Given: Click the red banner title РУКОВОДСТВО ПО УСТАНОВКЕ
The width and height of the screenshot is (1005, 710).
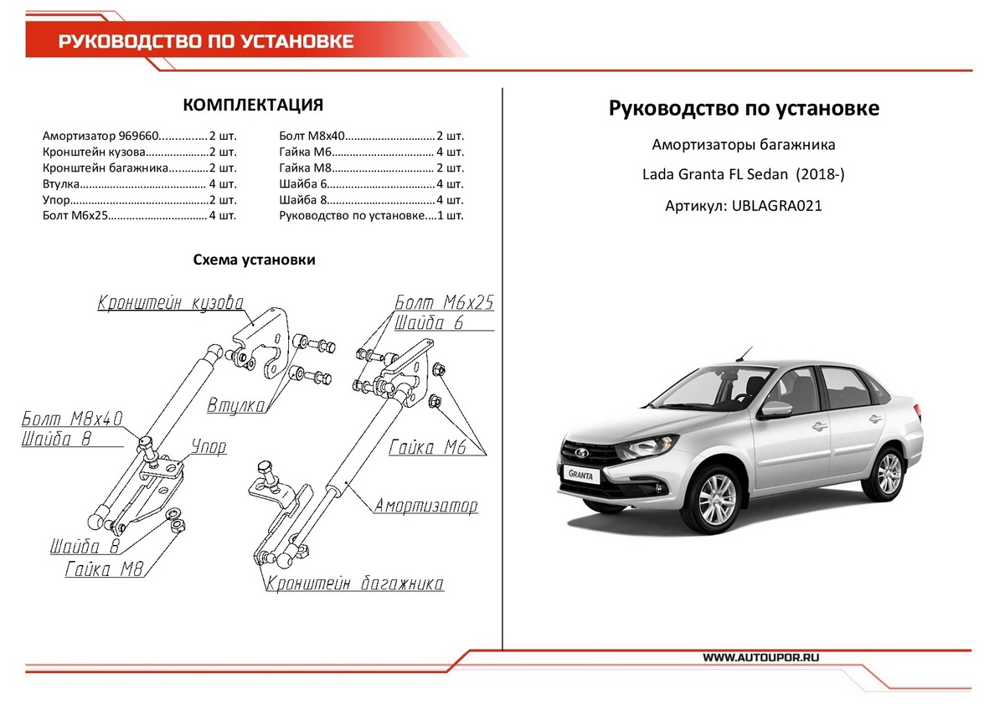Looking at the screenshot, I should coord(205,41).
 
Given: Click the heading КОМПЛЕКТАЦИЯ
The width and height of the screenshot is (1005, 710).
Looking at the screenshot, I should coord(252,105).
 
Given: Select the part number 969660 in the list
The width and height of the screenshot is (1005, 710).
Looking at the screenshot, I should coord(137,136).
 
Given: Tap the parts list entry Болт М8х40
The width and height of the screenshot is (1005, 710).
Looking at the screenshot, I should coord(311,136).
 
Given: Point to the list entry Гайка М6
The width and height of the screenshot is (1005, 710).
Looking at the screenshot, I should coord(306,152).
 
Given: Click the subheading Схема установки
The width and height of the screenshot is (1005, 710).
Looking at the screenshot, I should coord(254,260).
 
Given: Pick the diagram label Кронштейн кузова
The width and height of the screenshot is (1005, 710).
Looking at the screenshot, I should coord(170,302).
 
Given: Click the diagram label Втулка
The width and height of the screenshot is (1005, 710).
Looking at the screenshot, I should coord(236,406).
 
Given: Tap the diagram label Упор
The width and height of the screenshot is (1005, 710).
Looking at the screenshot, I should coord(209,447).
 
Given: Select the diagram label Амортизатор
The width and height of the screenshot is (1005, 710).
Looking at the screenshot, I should coord(426,507).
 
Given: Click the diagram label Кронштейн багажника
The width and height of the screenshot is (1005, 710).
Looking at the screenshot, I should coord(354,584).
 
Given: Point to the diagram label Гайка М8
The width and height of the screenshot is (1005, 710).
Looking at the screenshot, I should coord(106,570).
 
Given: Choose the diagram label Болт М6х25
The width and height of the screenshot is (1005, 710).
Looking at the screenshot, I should coord(444,303).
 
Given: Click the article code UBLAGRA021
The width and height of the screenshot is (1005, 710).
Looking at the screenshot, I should coord(776,205).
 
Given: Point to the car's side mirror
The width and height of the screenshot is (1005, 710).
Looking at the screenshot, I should coord(776,409).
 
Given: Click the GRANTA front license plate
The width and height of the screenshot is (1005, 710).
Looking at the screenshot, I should coord(581,475).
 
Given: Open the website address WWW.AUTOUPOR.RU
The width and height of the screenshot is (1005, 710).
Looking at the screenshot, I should coord(760,658).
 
